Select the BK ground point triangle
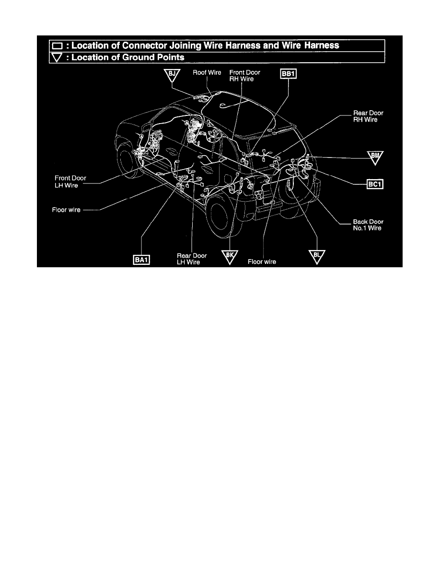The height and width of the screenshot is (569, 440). [230, 256]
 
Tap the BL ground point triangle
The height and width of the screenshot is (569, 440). [316, 256]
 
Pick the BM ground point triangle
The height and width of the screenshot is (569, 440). [375, 157]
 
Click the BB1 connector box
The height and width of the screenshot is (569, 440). [288, 74]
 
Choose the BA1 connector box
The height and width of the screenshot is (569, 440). [141, 260]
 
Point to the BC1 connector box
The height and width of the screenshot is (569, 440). [375, 184]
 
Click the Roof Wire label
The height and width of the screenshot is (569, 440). [207, 73]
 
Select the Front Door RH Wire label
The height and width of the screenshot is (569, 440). [245, 76]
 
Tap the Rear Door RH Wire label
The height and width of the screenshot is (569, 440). [368, 116]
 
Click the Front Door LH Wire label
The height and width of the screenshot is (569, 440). [70, 182]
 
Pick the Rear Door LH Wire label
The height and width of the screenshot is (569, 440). [192, 259]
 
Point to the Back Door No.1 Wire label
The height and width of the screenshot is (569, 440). [368, 225]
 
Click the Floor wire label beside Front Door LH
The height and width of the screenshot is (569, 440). [66, 210]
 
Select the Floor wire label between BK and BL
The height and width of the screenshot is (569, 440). [262, 262]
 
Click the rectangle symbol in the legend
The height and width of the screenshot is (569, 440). [58, 46]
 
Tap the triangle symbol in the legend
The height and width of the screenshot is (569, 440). [58, 57]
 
